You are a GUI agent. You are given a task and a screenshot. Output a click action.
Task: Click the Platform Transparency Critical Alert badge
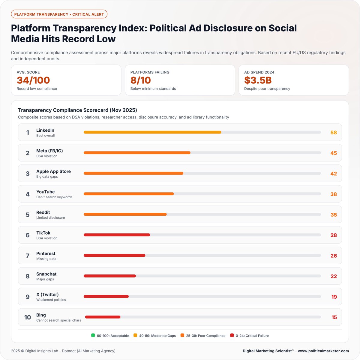[x=59, y=14]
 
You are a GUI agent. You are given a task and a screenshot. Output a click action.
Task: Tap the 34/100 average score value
[x=33, y=80]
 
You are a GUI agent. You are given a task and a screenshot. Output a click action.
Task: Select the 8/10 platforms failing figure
[x=141, y=80]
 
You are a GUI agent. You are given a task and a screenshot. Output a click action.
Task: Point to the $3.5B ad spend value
[x=258, y=80]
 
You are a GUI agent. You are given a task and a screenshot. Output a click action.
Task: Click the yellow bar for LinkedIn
[x=152, y=132]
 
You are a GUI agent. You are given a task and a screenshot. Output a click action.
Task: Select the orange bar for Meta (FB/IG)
[x=137, y=153]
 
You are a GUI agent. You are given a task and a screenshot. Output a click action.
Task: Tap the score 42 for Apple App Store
[x=334, y=174]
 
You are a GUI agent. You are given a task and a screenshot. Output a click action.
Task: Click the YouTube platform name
[x=46, y=192]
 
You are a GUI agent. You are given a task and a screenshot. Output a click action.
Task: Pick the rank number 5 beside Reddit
[x=28, y=215]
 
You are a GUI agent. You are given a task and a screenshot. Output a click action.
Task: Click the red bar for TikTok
[x=117, y=235]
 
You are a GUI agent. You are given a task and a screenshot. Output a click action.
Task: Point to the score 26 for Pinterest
[x=334, y=256]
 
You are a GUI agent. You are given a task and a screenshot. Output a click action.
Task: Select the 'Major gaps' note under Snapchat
[x=45, y=279]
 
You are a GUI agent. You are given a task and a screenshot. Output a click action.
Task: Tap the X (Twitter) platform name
[x=47, y=295]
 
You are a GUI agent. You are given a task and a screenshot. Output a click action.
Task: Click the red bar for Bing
[x=103, y=317]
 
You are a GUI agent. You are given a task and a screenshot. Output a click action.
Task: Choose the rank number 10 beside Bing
[x=28, y=317]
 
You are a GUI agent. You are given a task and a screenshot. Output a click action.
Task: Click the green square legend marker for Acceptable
[x=93, y=335]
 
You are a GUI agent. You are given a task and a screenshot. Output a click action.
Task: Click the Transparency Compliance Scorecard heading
[x=77, y=110]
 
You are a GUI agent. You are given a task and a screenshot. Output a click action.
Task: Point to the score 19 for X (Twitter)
[x=334, y=297]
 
